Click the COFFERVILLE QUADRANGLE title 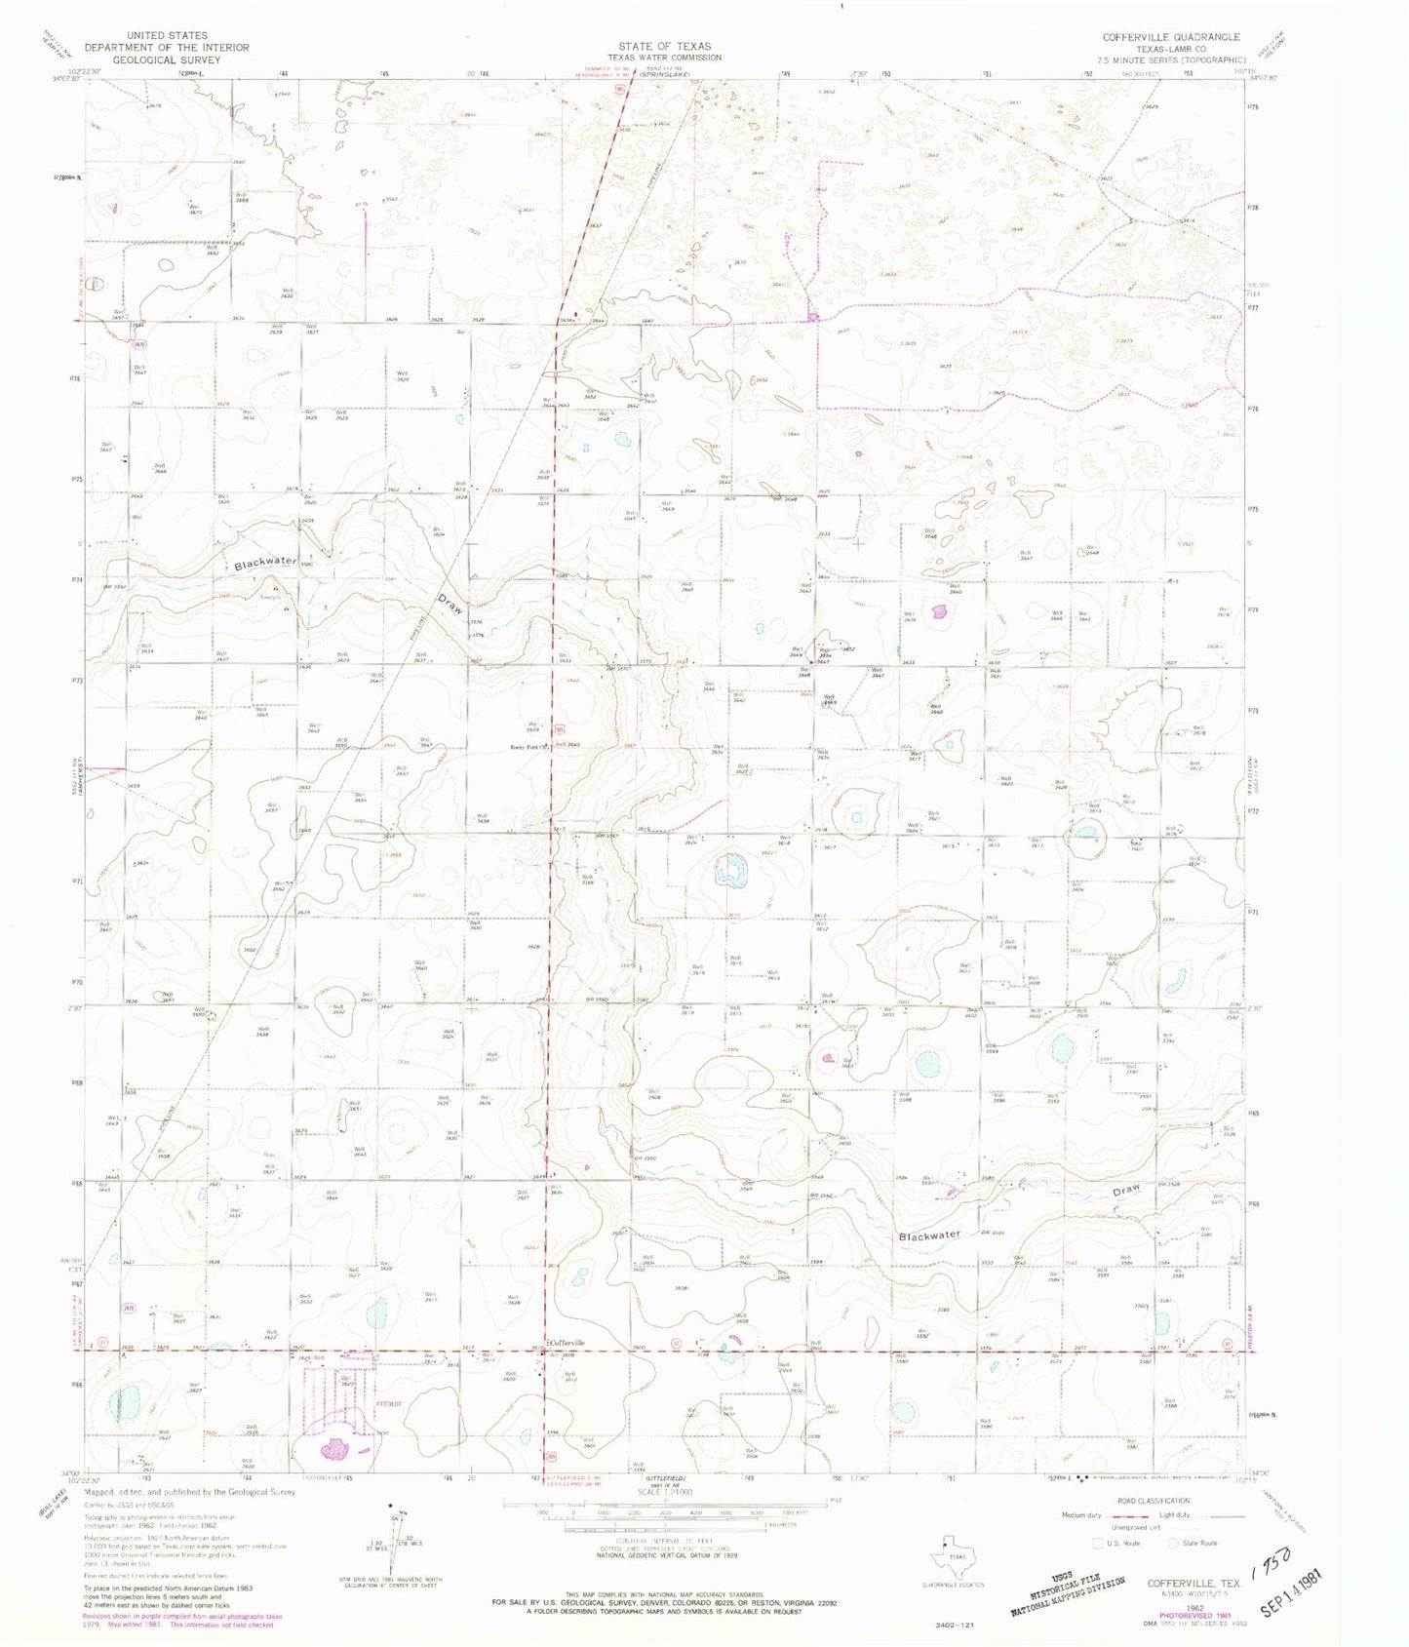(x=1170, y=37)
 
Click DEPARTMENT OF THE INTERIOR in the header (x=166, y=47)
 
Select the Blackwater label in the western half (x=265, y=563)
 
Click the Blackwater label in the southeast (x=929, y=1235)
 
